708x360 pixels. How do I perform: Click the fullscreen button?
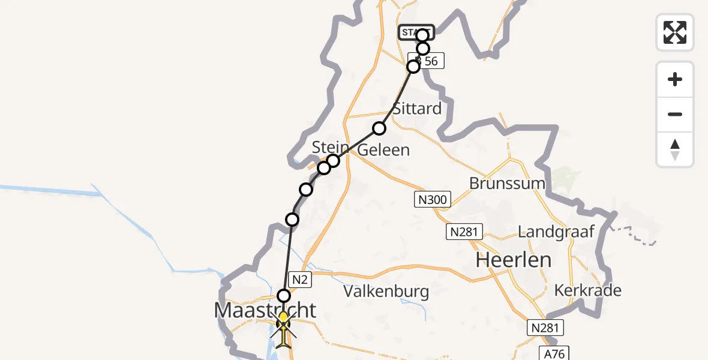tap(675, 32)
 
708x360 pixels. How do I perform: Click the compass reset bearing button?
tap(675, 149)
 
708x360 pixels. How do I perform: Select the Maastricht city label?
tap(265, 310)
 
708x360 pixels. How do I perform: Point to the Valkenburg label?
tap(386, 292)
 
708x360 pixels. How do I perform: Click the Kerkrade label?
tap(588, 290)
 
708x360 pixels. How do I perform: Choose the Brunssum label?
tap(507, 184)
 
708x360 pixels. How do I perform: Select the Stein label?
tap(330, 148)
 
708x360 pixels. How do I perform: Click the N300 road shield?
tap(432, 199)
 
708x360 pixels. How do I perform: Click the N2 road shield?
tap(300, 278)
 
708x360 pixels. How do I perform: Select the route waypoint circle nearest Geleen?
tap(379, 128)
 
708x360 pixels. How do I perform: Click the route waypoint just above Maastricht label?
tap(284, 295)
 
